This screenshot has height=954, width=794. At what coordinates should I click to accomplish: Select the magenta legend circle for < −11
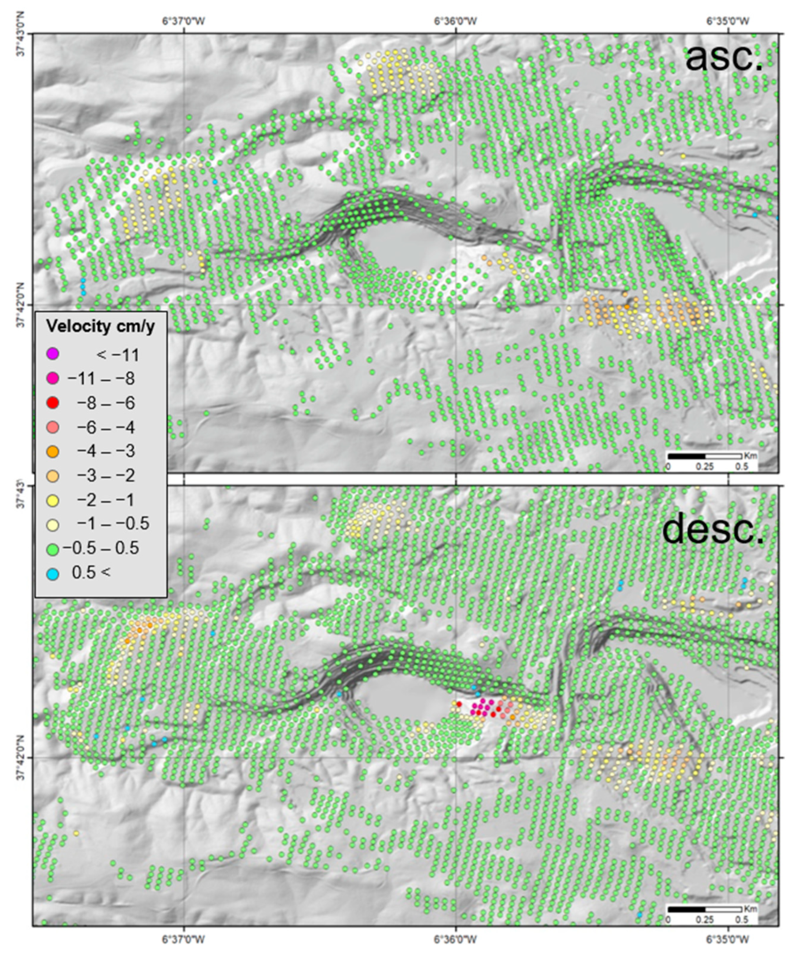[x=53, y=353]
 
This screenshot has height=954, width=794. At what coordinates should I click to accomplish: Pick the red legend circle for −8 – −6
[x=53, y=403]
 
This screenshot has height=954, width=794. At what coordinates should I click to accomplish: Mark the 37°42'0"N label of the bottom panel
[x=20, y=758]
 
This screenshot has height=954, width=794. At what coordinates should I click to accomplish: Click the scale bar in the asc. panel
[x=705, y=456]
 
